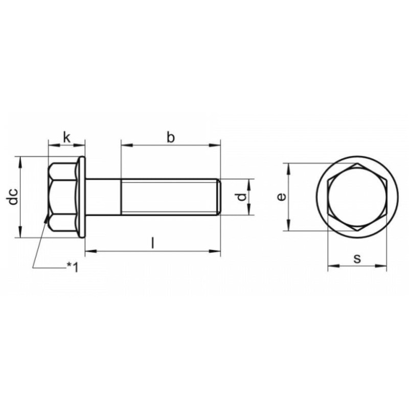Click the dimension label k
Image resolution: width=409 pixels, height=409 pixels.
tap(67, 138)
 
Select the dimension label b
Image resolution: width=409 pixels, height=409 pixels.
tap(171, 138)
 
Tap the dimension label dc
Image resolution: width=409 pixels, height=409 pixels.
tap(13, 196)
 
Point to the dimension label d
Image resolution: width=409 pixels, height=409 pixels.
tap(242, 197)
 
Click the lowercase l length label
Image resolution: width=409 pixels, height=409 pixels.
tap(153, 242)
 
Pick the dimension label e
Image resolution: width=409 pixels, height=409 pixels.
tap(282, 197)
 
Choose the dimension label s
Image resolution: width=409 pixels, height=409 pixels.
tap(357, 259)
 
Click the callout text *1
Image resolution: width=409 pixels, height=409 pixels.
tap(73, 267)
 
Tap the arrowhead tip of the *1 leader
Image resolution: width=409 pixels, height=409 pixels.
tap(48, 215)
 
